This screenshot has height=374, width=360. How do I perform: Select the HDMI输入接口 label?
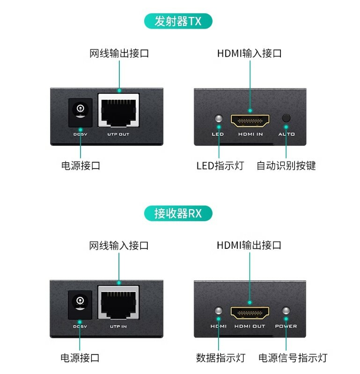(x=249, y=53)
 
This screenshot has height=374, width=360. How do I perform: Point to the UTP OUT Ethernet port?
(x=118, y=111)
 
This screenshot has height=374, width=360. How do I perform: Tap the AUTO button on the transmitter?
(x=286, y=119)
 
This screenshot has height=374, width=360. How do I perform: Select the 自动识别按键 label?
(x=286, y=165)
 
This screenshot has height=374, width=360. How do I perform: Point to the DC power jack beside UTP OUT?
(x=81, y=111)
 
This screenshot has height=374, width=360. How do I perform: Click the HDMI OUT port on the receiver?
(x=250, y=312)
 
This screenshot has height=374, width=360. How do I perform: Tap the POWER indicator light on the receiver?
(x=286, y=310)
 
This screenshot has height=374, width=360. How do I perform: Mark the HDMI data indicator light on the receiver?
(x=218, y=310)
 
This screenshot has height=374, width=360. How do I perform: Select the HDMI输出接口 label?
(x=249, y=245)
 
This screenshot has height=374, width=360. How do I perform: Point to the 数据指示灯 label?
(x=220, y=358)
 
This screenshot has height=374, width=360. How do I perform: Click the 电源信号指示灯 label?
(x=293, y=358)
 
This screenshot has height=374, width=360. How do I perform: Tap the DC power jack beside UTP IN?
(x=80, y=303)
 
